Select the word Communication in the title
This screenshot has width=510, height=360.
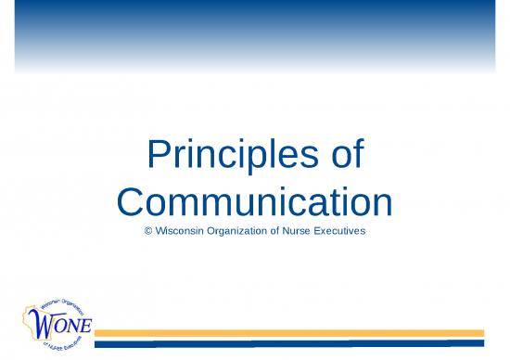(255, 201)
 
